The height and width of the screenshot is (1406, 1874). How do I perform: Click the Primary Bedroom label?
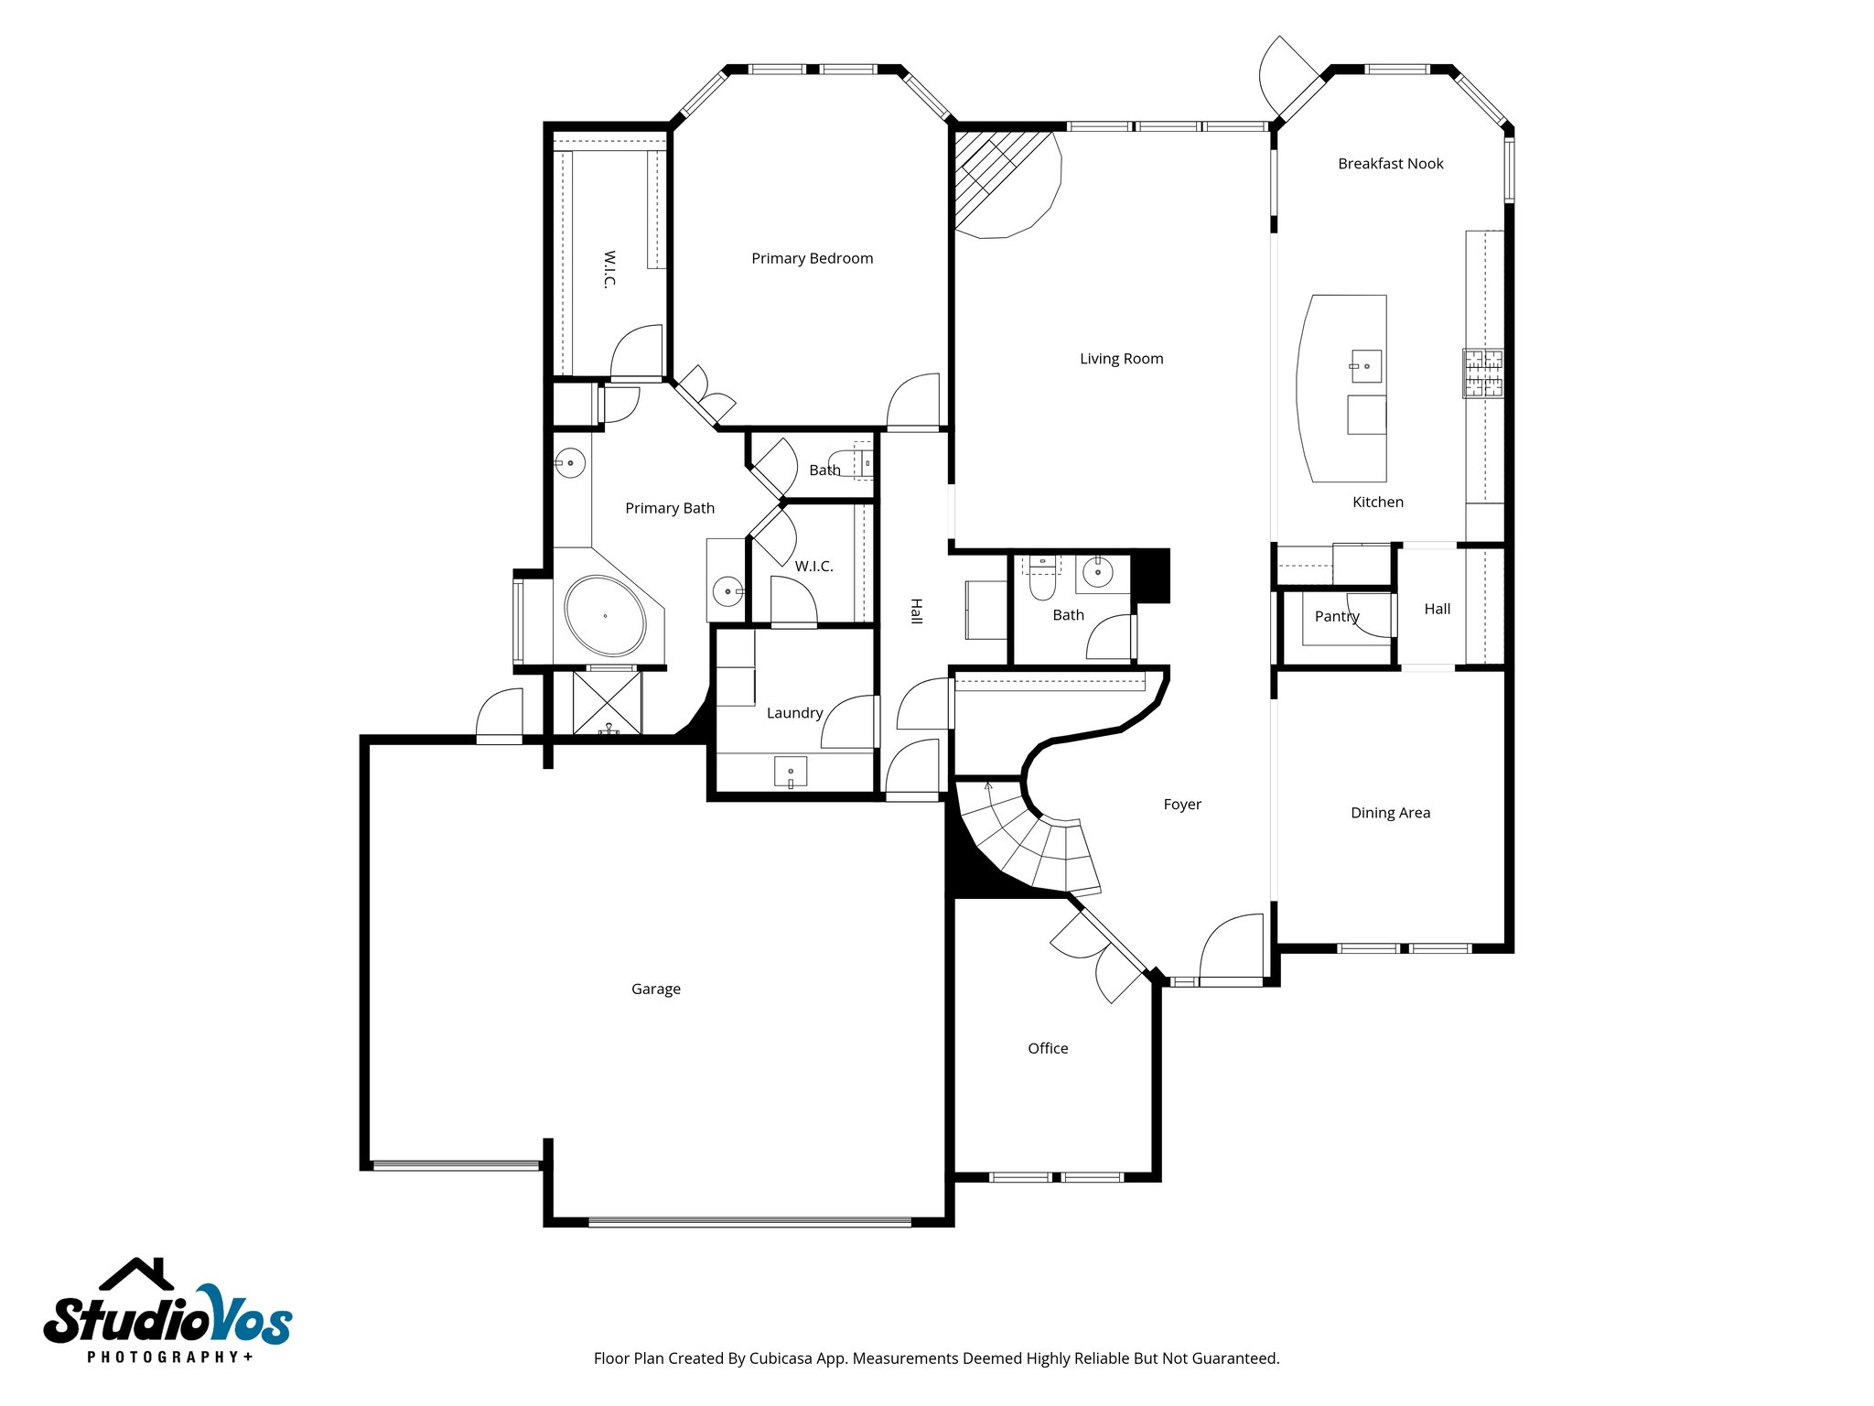(812, 259)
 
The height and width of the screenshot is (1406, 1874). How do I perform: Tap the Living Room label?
(1121, 359)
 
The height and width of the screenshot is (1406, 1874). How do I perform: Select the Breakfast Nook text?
(1390, 164)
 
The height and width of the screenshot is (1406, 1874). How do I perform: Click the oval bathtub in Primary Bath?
(605, 616)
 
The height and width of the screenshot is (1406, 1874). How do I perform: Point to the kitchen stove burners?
(1481, 373)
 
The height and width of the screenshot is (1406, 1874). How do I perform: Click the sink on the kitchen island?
(1365, 366)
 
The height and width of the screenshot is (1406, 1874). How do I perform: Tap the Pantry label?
(1336, 616)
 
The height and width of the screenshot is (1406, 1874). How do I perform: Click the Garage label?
(655, 989)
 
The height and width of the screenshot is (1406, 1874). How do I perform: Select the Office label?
(1047, 1048)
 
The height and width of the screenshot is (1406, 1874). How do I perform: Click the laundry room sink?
(791, 772)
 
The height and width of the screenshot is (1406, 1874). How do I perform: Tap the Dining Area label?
(1390, 813)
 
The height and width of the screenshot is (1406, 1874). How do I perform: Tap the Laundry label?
(794, 713)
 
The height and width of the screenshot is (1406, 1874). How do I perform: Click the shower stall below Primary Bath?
(607, 703)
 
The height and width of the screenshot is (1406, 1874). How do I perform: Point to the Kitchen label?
(1377, 503)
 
